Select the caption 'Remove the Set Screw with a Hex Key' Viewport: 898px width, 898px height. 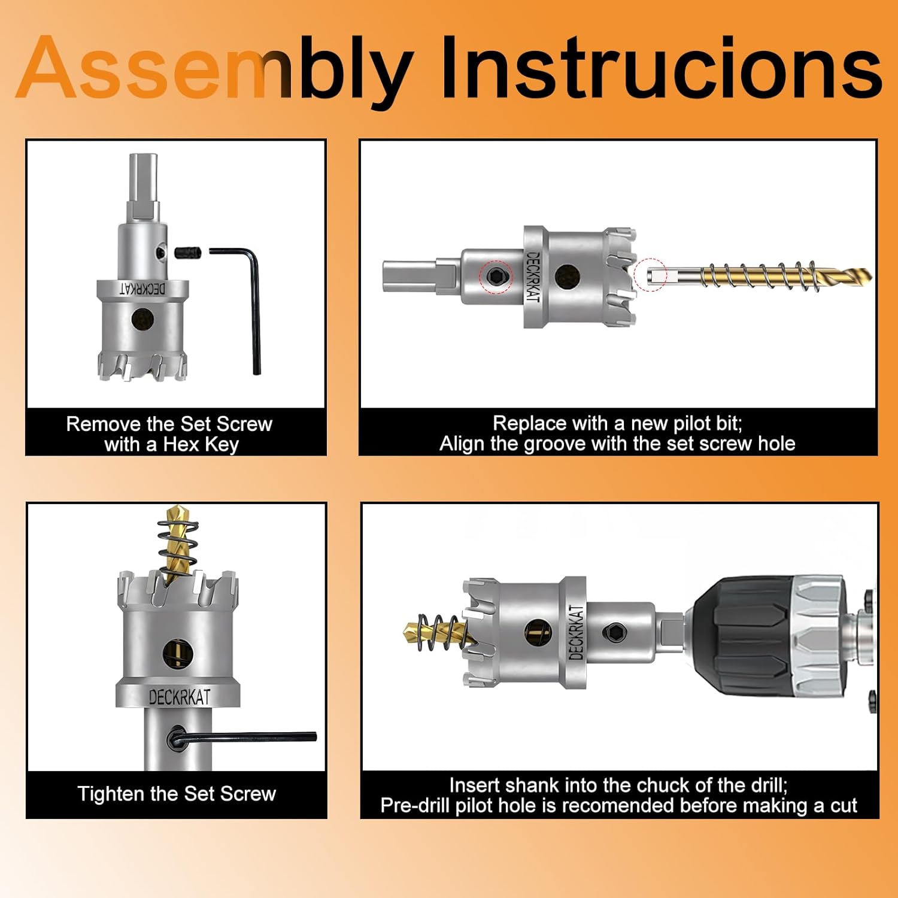tap(169, 434)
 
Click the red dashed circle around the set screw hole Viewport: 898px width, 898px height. tap(496, 277)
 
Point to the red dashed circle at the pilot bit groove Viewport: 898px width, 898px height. tap(651, 275)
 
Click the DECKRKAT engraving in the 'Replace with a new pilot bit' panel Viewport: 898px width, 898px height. tap(532, 276)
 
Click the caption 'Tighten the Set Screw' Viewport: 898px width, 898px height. tap(177, 794)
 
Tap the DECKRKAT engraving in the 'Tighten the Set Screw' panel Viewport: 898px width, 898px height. tap(179, 697)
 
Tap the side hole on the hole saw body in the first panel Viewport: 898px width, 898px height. tap(143, 319)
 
